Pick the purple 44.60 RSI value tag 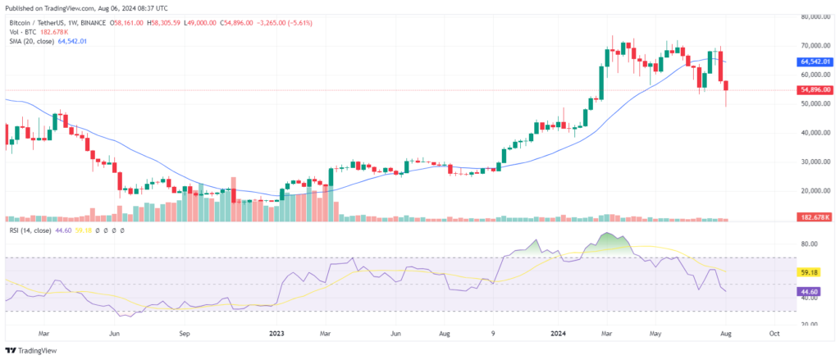click(x=810, y=291)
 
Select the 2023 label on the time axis click(x=276, y=334)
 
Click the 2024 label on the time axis click(x=559, y=334)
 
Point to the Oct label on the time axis click(x=774, y=334)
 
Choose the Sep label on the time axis click(x=185, y=334)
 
